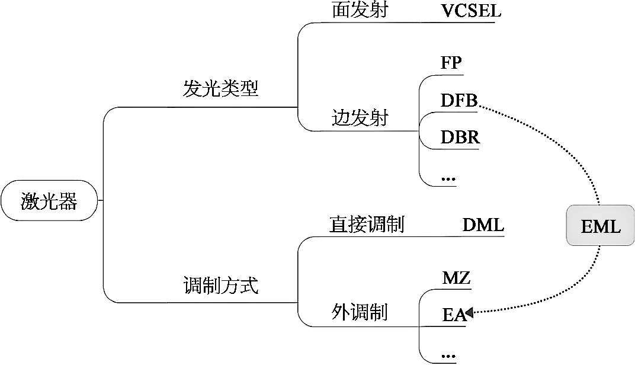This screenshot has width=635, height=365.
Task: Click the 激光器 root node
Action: [49, 200]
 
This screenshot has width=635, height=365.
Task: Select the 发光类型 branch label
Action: [220, 88]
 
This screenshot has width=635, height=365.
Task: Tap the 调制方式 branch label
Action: [221, 285]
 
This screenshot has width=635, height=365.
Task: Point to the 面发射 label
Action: [360, 9]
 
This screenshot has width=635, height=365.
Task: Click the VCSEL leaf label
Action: [471, 11]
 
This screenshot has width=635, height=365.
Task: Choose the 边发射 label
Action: [360, 118]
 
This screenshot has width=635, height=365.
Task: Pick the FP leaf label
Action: [451, 62]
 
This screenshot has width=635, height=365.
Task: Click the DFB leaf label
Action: [459, 100]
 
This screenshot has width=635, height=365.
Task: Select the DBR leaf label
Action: [460, 137]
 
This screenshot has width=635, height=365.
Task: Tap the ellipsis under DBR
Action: [448, 178]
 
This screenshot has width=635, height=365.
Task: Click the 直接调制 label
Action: [367, 224]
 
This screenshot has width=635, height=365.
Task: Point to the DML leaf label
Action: [483, 225]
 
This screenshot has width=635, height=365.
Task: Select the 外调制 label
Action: [360, 312]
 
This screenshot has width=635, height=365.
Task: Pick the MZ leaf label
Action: [456, 278]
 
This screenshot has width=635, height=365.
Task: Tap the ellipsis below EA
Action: [448, 356]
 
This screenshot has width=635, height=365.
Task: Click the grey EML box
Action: [600, 225]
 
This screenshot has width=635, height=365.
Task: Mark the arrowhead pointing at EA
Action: [469, 312]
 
